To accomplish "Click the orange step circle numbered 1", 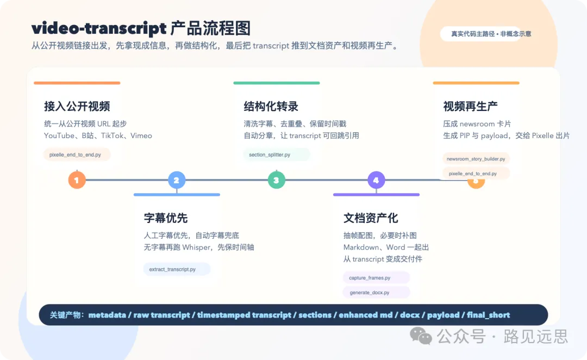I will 77,180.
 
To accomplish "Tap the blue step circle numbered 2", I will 177,180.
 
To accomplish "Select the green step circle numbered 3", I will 276,180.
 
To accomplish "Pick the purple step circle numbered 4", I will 376,180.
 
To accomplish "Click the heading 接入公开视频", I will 77,106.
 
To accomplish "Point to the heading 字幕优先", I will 166,218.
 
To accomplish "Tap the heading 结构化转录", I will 271,106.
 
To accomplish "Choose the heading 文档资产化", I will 371,218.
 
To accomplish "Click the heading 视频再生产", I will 470,106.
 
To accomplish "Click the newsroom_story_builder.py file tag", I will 476,159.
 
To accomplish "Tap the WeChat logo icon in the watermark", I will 421,336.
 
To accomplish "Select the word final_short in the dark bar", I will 488,315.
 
